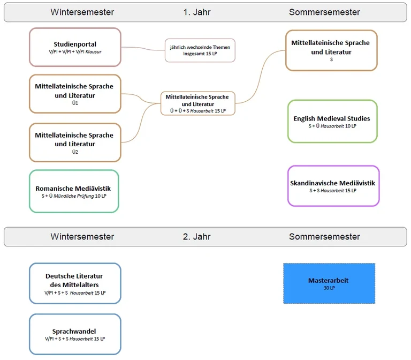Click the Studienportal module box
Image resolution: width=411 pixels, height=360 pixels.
tap(75, 47)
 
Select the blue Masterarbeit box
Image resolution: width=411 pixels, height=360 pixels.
tap(329, 283)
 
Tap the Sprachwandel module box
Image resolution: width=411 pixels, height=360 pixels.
tap(75, 334)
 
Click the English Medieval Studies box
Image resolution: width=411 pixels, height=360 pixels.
tap(332, 122)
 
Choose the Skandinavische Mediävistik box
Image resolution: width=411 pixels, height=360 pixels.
tap(333, 186)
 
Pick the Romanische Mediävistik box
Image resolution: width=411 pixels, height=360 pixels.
tap(74, 191)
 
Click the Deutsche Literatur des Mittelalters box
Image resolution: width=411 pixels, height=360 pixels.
tap(75, 284)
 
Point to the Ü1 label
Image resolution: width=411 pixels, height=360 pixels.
tap(75, 103)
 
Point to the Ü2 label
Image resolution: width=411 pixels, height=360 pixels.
tap(75, 152)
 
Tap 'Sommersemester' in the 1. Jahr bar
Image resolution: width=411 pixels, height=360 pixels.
tap(324, 12)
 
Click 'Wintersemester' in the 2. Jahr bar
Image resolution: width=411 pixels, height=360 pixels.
tap(82, 236)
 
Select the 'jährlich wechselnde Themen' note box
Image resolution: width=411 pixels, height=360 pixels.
tap(200, 50)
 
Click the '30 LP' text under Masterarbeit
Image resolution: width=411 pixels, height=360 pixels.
tap(329, 288)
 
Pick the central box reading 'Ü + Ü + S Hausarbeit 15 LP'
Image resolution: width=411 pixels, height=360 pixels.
tap(197, 103)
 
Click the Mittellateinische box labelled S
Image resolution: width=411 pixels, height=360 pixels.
tap(331, 50)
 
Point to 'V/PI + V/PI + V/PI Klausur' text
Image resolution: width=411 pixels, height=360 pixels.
tap(75, 52)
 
